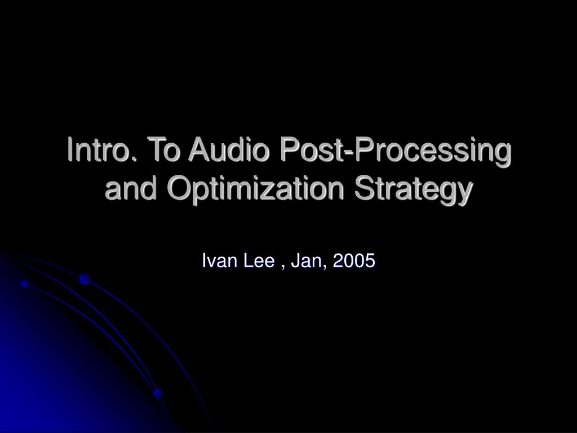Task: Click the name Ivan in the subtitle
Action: click(x=219, y=260)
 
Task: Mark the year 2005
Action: click(x=354, y=260)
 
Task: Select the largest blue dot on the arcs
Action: click(x=85, y=279)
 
